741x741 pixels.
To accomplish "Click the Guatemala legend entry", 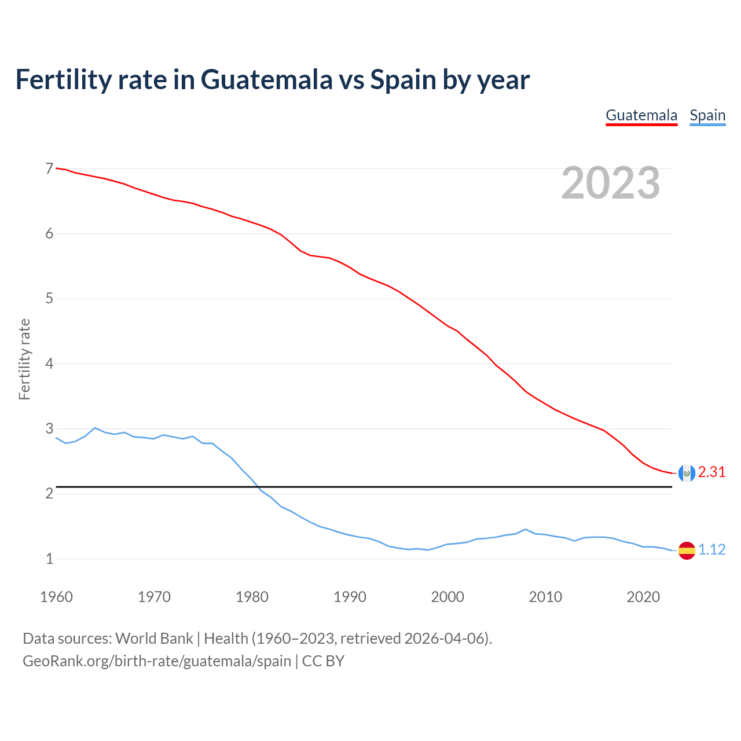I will coord(641,115).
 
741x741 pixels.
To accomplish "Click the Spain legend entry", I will coord(707,115).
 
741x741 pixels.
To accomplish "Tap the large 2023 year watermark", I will coord(610,183).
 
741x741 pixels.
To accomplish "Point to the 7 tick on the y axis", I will coord(49,168).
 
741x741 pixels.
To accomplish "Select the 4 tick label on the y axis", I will coord(49,364).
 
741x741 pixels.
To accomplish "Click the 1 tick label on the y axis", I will coord(49,559).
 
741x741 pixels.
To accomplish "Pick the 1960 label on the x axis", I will coord(56,597).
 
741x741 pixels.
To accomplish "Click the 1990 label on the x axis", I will coord(350,597).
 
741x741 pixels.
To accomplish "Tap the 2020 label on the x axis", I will coord(643,597).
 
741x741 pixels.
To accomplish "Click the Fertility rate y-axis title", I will coord(24,359).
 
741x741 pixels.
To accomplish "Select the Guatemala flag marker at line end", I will coord(687,473).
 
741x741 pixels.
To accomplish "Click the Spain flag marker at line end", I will coord(687,550).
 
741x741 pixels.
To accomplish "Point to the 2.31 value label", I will coord(711,472).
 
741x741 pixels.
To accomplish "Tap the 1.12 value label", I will coord(711,549).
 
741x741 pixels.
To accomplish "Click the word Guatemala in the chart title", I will coord(267,79).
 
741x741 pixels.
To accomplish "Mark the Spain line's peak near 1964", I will coord(95,428).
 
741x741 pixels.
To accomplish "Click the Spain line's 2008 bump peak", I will coord(525,529).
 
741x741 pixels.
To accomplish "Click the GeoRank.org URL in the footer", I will coord(157,661).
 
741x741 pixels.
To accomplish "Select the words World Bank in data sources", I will coord(154,638).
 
